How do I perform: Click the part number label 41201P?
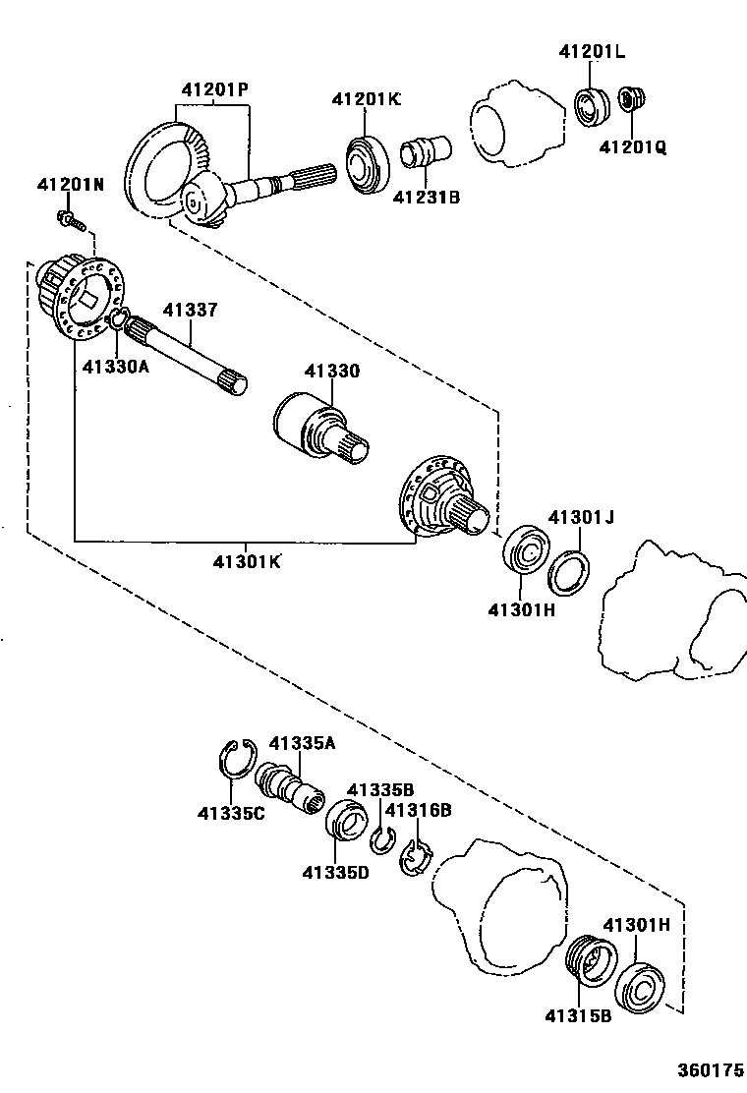[214, 88]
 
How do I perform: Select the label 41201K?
[366, 98]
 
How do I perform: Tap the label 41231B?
[427, 197]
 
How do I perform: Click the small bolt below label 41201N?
[68, 218]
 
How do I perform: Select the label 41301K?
[246, 561]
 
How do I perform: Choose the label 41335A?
[302, 743]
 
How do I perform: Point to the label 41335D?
[335, 872]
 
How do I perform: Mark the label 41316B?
[418, 810]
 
